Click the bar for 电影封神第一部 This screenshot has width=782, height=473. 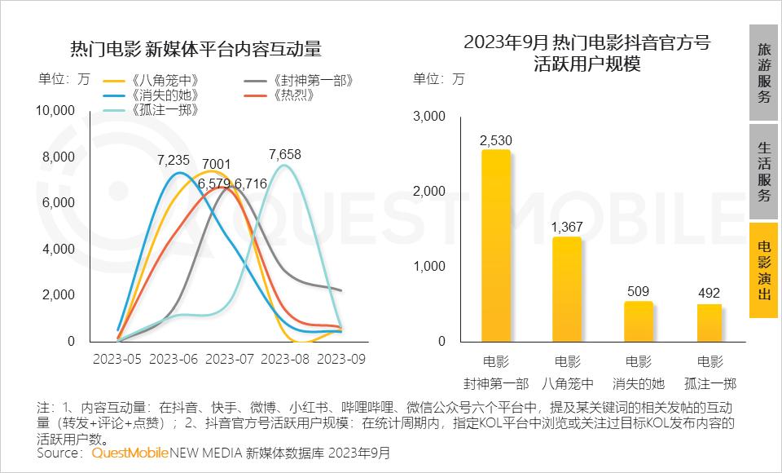click(495, 245)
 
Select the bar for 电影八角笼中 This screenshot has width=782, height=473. click(567, 289)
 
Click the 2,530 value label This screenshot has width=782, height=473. click(495, 140)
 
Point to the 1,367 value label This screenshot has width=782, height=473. click(567, 227)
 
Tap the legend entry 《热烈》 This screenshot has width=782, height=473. click(285, 95)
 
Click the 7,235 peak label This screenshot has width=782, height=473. click(174, 161)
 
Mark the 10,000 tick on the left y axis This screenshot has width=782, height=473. click(57, 111)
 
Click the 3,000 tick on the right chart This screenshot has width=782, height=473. click(429, 117)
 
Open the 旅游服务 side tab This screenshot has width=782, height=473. click(764, 73)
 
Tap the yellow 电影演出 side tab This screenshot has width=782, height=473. click(764, 271)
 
